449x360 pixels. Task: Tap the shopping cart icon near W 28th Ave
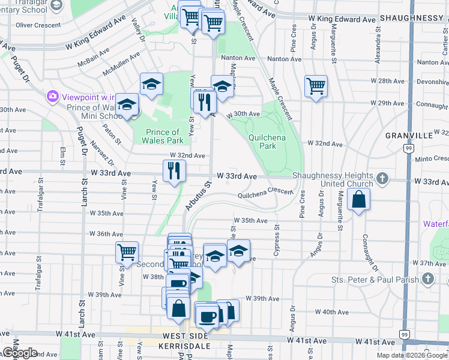click(x=316, y=86)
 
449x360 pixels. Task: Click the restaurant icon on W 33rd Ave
click(x=175, y=171)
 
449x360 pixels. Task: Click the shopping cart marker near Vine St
click(x=127, y=252)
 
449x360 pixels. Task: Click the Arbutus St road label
click(x=199, y=197)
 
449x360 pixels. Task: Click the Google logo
click(x=19, y=353)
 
